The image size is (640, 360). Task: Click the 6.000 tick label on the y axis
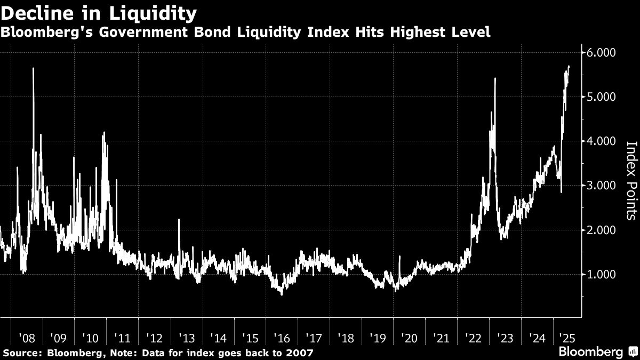click(602, 53)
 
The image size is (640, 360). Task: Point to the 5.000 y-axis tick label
click(602, 97)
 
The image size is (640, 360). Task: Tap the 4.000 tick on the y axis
click(602, 141)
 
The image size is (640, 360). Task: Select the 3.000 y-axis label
click(602, 186)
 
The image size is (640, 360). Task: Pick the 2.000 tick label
click(602, 230)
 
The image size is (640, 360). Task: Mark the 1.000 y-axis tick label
click(602, 274)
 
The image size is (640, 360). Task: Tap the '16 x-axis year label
click(281, 338)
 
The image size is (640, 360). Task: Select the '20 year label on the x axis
click(409, 338)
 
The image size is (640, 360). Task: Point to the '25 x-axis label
click(567, 338)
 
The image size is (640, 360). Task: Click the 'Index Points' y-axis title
click(631, 180)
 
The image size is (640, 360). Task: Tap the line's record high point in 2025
click(569, 66)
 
